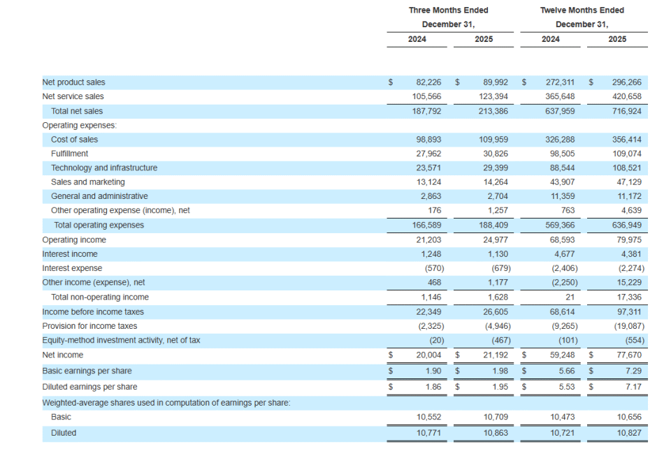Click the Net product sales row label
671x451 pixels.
73,82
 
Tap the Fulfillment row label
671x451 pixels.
70,154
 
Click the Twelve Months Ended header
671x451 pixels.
582,10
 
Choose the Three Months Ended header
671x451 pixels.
449,10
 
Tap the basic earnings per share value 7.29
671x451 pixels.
633,371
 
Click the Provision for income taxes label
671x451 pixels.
89,326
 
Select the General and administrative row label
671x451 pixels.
99,197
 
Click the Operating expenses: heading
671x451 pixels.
79,126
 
